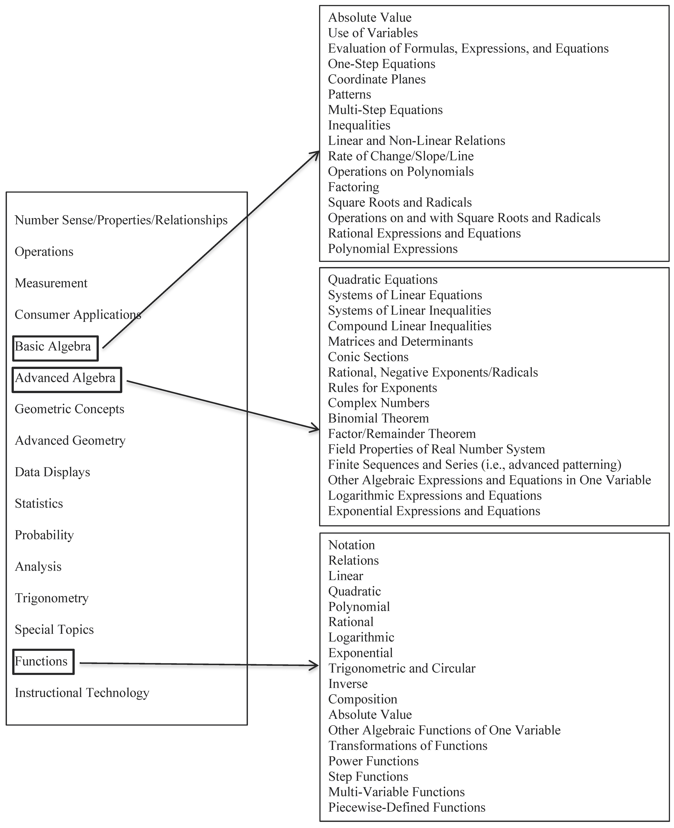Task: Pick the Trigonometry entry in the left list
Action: (x=52, y=598)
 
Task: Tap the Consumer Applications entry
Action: (x=78, y=314)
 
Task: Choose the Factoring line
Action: (x=353, y=187)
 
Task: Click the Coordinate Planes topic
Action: (x=377, y=79)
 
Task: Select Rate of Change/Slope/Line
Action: (x=401, y=156)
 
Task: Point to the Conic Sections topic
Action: (x=368, y=357)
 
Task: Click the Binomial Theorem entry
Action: (x=378, y=419)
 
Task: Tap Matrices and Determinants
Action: (x=400, y=341)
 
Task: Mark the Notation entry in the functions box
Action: (x=351, y=545)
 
